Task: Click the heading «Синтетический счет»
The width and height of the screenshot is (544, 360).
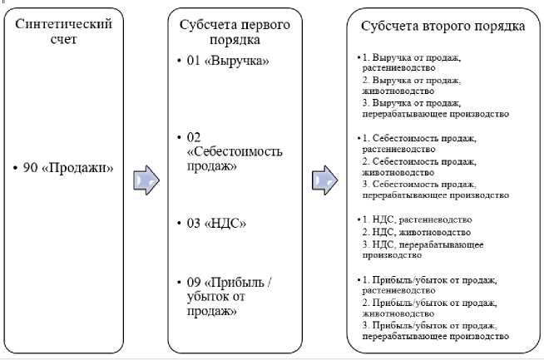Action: pyautogui.click(x=64, y=31)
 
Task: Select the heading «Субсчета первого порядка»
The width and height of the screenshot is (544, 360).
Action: pyautogui.click(x=235, y=31)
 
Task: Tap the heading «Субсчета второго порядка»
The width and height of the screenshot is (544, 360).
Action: pyautogui.click(x=443, y=26)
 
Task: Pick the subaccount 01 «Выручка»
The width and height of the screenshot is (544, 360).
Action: pyautogui.click(x=228, y=62)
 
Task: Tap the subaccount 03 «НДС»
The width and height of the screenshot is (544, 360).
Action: pyautogui.click(x=217, y=223)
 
